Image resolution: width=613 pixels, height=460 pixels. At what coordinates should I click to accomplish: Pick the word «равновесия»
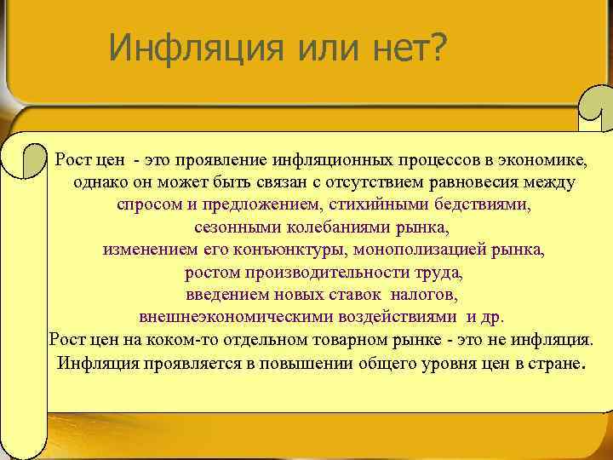coord(479,182)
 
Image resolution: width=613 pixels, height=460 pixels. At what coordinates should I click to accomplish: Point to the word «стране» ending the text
coord(555,363)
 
